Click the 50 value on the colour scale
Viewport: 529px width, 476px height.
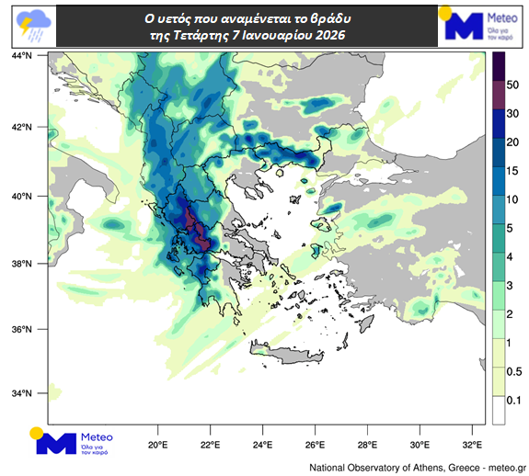(x=514, y=85)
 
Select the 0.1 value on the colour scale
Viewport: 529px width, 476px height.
(x=514, y=400)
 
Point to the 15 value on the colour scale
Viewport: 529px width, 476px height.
(x=514, y=171)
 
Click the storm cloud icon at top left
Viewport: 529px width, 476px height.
(x=29, y=25)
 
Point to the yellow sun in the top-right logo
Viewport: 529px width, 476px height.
(x=447, y=13)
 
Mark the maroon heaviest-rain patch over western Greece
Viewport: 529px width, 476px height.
(x=195, y=226)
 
